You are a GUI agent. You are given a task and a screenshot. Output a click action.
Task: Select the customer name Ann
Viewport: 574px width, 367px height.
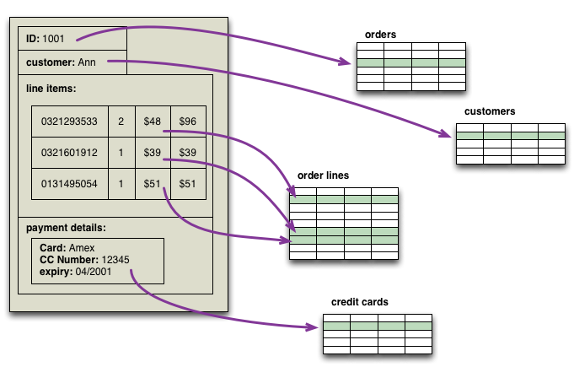click(87, 62)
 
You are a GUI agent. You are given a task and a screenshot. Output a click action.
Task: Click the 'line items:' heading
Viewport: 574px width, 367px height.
click(51, 89)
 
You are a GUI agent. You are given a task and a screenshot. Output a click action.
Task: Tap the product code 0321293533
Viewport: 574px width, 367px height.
click(69, 121)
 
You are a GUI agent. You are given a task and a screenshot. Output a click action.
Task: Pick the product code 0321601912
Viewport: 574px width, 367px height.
click(69, 153)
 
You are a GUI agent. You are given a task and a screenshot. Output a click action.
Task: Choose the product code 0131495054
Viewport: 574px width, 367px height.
click(69, 184)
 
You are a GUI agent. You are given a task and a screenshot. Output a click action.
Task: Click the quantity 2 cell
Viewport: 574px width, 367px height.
click(121, 121)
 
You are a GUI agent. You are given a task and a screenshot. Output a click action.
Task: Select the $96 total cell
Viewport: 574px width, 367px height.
click(188, 121)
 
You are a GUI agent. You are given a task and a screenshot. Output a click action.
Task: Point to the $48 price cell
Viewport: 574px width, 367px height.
click(153, 121)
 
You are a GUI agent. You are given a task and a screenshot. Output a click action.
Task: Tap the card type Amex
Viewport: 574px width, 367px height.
click(83, 248)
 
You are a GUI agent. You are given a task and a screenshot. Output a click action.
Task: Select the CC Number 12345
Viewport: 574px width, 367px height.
click(115, 259)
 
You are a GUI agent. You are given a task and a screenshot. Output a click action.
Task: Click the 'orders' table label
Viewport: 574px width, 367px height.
click(380, 35)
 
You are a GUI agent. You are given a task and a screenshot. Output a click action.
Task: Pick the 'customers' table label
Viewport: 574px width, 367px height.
click(489, 111)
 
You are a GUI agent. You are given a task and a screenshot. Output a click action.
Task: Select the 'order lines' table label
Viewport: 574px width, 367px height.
click(323, 175)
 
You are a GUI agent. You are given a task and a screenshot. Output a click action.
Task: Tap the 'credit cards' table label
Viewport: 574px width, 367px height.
click(360, 301)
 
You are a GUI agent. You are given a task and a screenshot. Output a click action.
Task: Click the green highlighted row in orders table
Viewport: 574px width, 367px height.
click(410, 63)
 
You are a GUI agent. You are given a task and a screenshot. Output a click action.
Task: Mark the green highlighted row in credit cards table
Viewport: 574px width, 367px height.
click(377, 326)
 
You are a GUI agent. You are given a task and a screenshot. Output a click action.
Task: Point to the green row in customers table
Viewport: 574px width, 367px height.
click(510, 135)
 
